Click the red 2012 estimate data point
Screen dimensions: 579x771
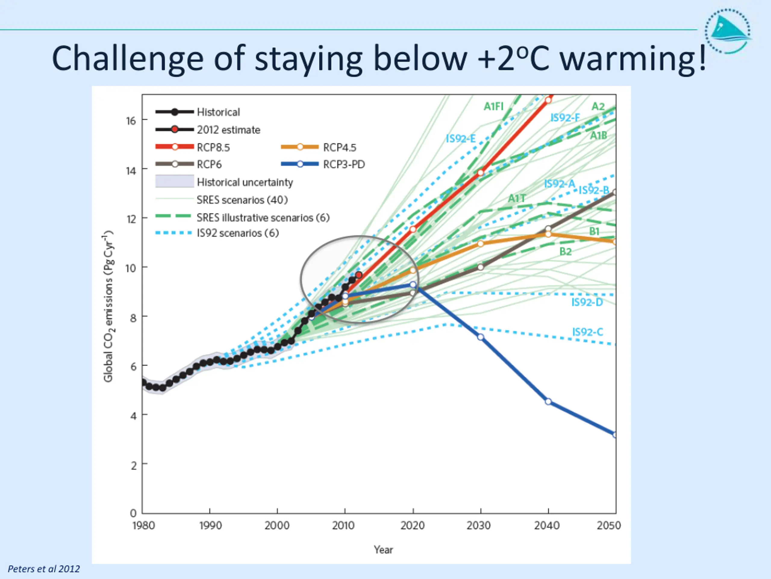coord(359,275)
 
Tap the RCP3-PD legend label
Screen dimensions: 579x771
coord(344,164)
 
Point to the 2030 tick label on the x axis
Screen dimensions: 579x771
coord(479,526)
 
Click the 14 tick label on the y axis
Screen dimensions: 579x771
coord(131,171)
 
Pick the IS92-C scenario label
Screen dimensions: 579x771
coord(587,332)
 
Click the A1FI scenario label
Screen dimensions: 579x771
coord(493,106)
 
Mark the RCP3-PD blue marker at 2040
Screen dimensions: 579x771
coord(548,402)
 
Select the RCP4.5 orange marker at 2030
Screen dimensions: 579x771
coord(481,244)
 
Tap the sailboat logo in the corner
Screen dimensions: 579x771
coord(728,31)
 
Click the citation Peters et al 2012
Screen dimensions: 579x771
coord(44,569)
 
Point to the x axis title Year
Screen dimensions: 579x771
coord(383,550)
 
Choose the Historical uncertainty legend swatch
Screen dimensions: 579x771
coord(175,182)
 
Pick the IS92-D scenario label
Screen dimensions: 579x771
coord(587,302)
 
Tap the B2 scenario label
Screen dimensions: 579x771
coord(565,252)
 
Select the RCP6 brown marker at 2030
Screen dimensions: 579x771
coord(481,267)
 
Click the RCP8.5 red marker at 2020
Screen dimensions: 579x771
coord(413,229)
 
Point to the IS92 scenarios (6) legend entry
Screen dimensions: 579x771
coord(237,233)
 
